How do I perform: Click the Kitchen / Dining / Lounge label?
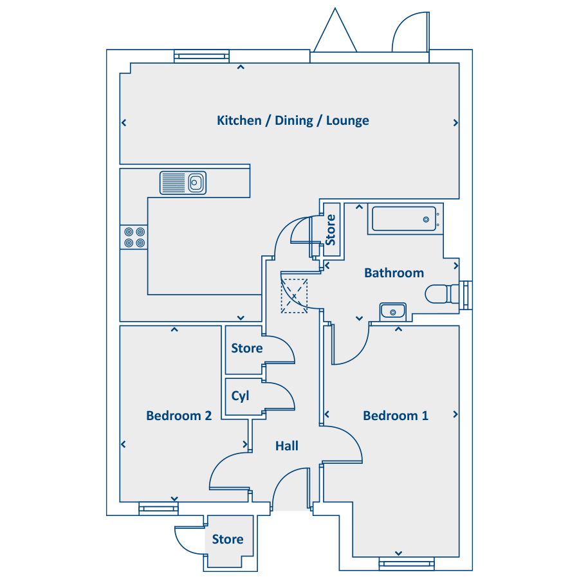click(x=293, y=121)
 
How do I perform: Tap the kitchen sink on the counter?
click(x=183, y=183)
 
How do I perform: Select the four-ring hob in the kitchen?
click(x=134, y=237)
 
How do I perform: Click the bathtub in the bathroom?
click(x=405, y=219)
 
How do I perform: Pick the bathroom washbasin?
click(x=393, y=312)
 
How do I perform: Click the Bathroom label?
click(x=394, y=273)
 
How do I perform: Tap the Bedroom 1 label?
click(x=396, y=416)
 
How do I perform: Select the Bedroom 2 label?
click(x=179, y=416)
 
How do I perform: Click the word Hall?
click(x=287, y=446)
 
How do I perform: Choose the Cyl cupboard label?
click(x=241, y=396)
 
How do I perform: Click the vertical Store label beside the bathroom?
click(x=330, y=230)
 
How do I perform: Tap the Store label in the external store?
click(x=228, y=539)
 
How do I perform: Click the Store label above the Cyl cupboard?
click(x=247, y=348)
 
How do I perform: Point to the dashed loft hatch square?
click(x=294, y=296)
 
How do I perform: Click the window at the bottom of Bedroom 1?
click(x=407, y=564)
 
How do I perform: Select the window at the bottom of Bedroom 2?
click(x=159, y=508)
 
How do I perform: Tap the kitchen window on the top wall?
click(x=201, y=56)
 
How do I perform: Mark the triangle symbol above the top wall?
click(x=335, y=30)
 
